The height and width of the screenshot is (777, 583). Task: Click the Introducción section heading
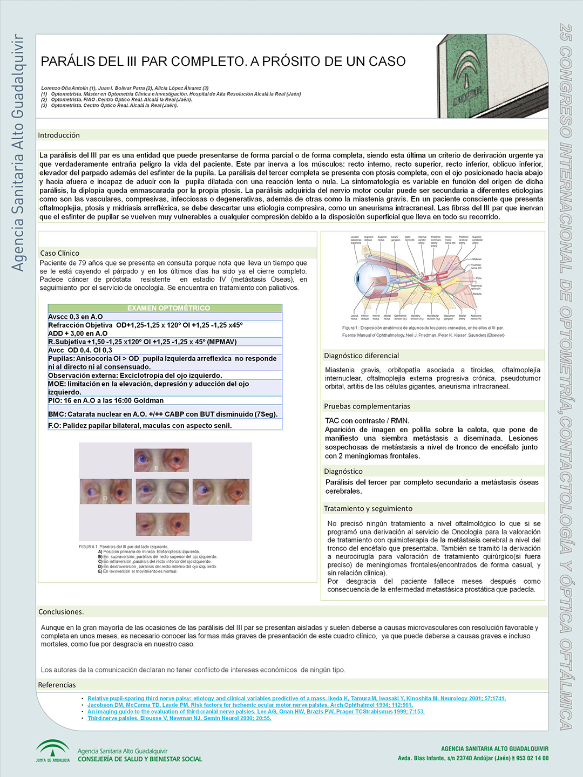[59, 135]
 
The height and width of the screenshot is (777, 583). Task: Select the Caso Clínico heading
[59, 253]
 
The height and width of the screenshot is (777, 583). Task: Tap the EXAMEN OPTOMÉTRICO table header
[168, 308]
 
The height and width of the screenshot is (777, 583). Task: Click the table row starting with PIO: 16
[106, 400]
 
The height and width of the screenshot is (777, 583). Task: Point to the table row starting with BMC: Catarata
[162, 414]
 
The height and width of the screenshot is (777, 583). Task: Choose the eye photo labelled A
[162, 492]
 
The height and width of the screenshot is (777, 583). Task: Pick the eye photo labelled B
[161, 460]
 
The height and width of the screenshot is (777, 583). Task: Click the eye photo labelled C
[162, 524]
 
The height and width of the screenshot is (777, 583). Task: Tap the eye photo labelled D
[106, 492]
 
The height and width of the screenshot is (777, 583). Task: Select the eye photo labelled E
[221, 492]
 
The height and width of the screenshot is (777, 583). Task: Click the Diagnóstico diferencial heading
[361, 356]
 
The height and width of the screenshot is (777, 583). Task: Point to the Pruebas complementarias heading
[367, 406]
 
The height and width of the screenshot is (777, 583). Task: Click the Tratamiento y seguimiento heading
[368, 508]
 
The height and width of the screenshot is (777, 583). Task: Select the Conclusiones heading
[61, 612]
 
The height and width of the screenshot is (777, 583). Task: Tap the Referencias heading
[57, 685]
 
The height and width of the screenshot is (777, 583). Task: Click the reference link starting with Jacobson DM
[250, 705]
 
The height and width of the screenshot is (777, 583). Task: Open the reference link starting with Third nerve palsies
[179, 718]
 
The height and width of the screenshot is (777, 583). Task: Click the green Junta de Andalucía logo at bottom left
[52, 751]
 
